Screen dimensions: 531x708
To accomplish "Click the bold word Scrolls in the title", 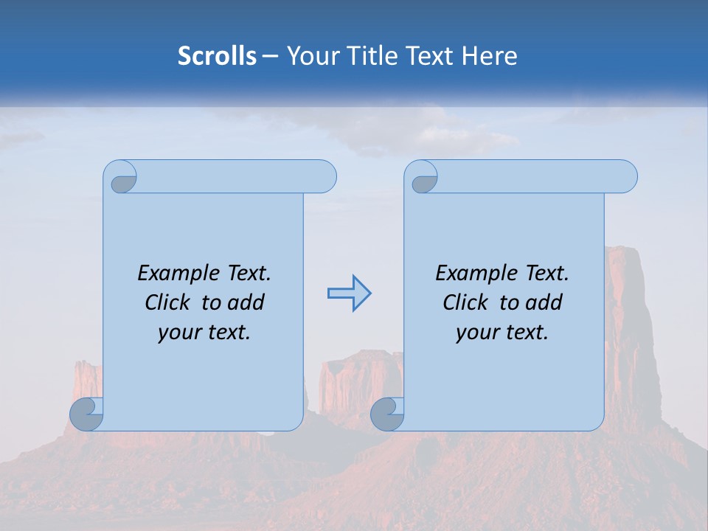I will tap(218, 56).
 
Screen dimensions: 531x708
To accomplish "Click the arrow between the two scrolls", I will tap(349, 294).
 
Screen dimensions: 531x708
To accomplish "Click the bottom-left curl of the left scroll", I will tap(87, 414).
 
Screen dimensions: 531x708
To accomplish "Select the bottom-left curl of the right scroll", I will tap(388, 414).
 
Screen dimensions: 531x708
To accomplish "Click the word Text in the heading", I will tap(428, 56).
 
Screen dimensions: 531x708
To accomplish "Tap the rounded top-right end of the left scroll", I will tap(324, 177).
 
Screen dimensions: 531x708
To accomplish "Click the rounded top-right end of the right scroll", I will tap(625, 177).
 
